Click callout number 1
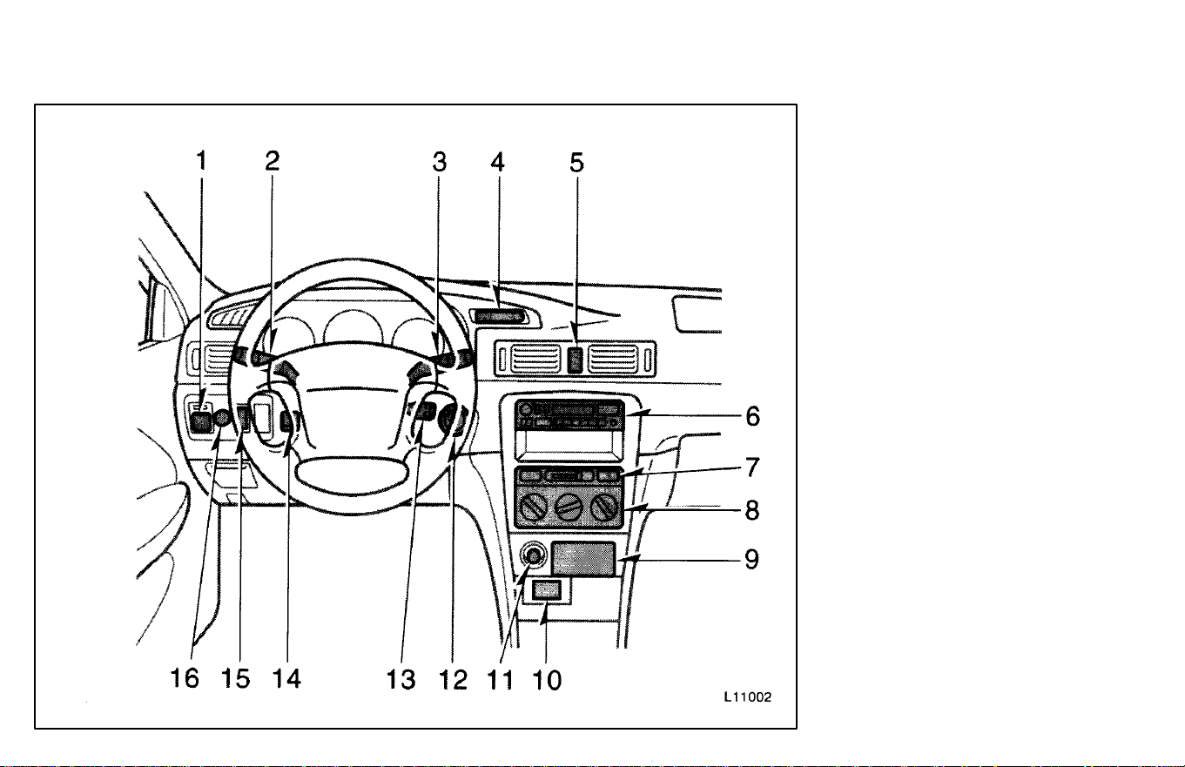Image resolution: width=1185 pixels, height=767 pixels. click(x=201, y=160)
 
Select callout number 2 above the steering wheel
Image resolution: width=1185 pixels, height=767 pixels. click(x=272, y=160)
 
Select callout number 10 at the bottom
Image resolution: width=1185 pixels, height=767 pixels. click(x=547, y=680)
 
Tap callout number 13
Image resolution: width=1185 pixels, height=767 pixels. click(x=401, y=680)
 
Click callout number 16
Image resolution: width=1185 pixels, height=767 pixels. click(x=185, y=678)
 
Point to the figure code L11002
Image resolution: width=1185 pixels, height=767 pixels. click(x=748, y=697)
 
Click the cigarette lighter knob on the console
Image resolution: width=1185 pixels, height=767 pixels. click(x=533, y=556)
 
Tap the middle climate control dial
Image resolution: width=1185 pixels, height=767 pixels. click(x=569, y=507)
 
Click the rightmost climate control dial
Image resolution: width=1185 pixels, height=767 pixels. click(x=604, y=507)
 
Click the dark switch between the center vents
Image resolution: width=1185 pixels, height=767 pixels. click(x=576, y=360)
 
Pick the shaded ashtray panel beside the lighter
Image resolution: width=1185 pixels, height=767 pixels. click(x=583, y=559)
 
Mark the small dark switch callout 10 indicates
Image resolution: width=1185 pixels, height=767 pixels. click(x=546, y=589)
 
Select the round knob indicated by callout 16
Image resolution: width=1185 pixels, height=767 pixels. click(x=222, y=419)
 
